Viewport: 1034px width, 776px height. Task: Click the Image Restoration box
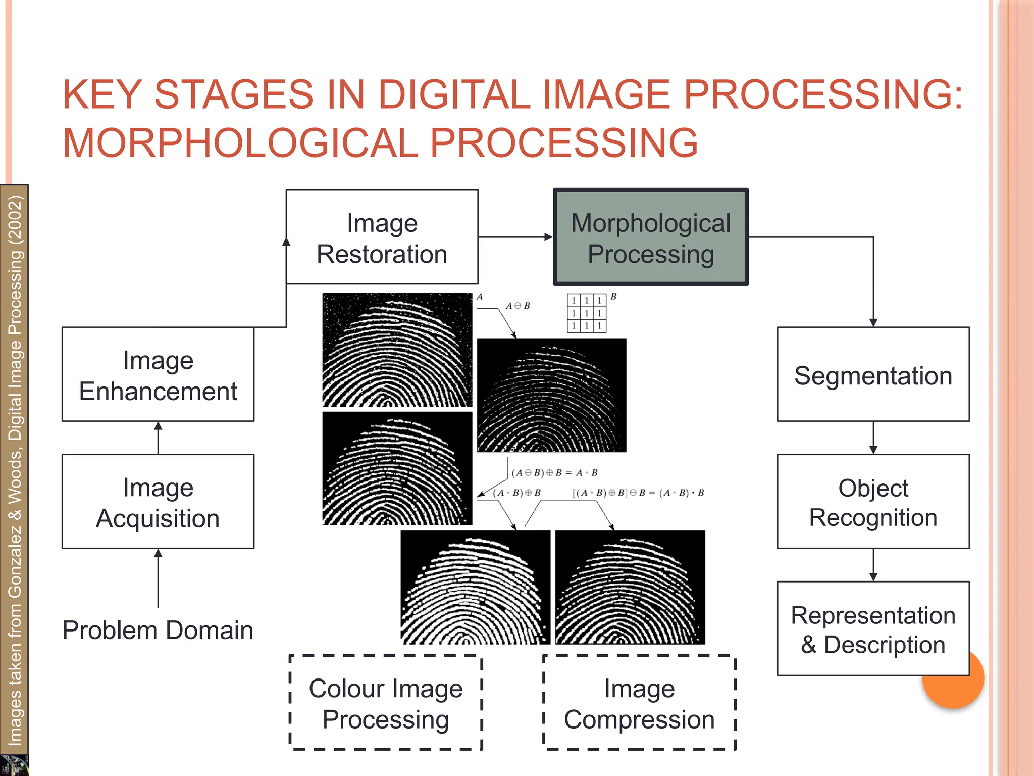tap(382, 237)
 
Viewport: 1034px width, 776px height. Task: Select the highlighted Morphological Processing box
tap(651, 237)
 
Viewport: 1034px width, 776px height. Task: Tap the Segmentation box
tap(873, 374)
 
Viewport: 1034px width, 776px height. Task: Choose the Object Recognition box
tap(873, 502)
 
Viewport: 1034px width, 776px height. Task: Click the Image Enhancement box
tap(158, 374)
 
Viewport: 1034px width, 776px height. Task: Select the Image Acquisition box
tap(158, 502)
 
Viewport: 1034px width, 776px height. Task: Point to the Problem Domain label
tap(158, 630)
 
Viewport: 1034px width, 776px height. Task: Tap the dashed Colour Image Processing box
tap(386, 703)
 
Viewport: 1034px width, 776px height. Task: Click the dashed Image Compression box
tap(639, 703)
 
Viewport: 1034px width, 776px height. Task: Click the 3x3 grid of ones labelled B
tap(586, 313)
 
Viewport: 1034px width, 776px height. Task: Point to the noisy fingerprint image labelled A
tap(397, 350)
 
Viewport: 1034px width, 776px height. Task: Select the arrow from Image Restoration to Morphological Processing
tap(515, 237)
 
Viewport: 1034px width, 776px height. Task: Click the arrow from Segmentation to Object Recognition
tap(873, 438)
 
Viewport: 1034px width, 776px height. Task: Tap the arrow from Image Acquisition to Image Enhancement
tap(158, 438)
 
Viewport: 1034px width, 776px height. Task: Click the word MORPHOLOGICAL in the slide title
tap(240, 143)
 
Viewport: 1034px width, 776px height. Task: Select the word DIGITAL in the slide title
tap(454, 94)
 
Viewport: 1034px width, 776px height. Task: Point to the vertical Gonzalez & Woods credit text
tap(15, 470)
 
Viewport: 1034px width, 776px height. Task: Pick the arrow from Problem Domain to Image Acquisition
tap(158, 578)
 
